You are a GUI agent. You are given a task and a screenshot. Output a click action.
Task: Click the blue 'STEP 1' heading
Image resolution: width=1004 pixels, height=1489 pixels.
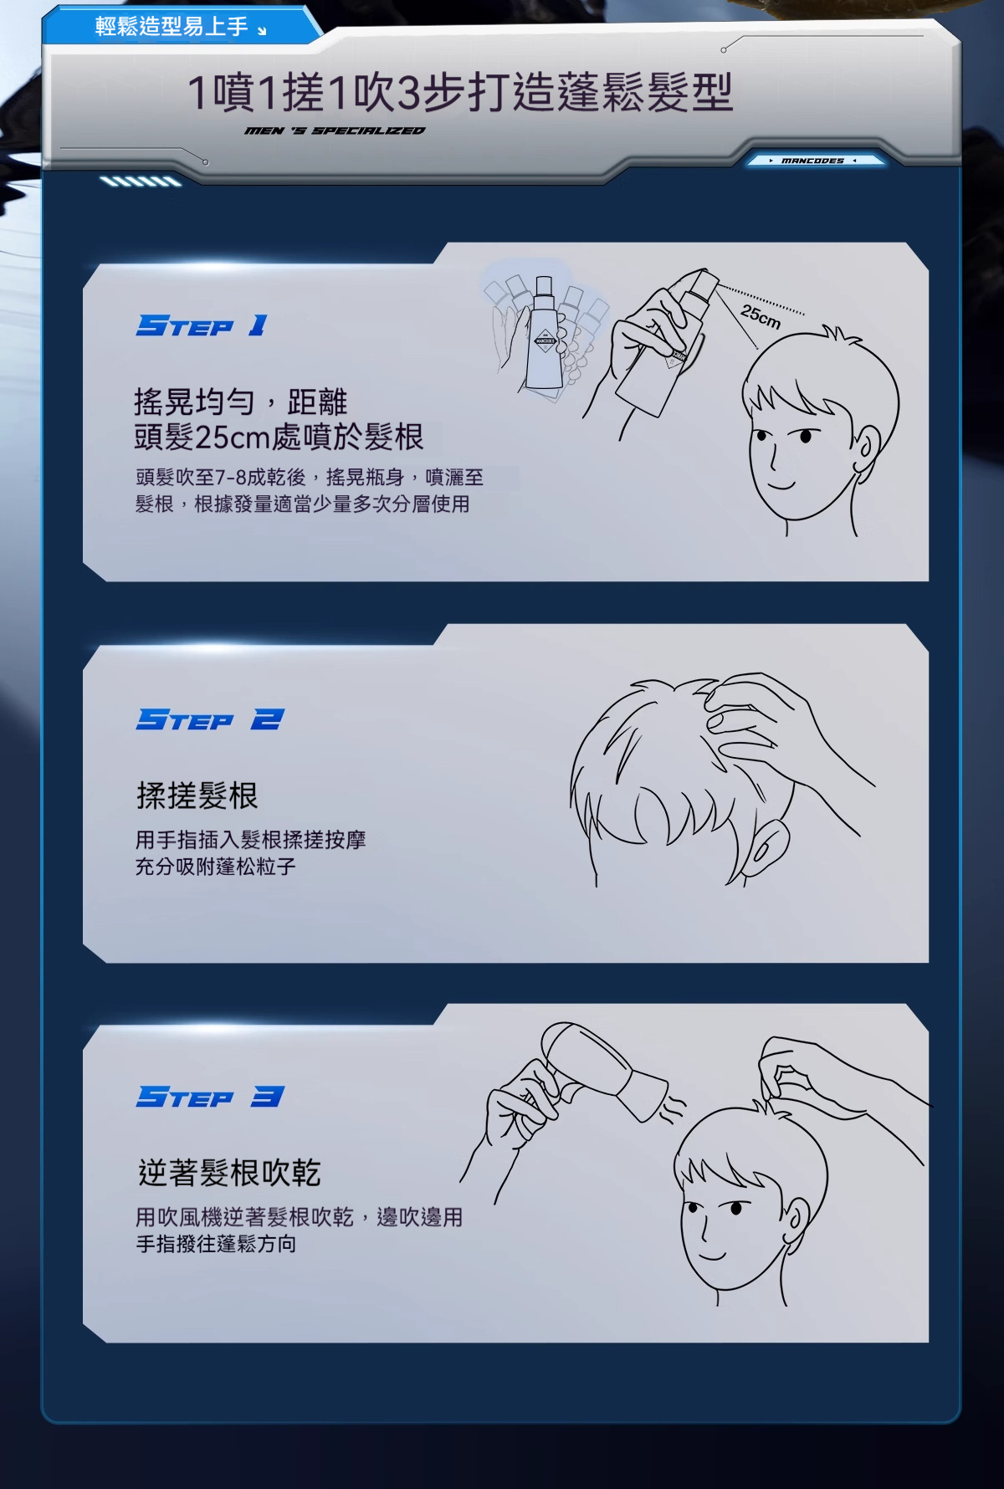tap(202, 325)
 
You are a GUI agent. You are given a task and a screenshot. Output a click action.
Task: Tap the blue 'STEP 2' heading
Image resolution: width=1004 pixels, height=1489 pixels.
tap(210, 719)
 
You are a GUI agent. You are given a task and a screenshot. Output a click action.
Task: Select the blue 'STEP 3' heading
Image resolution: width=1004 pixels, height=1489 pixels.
tap(210, 1097)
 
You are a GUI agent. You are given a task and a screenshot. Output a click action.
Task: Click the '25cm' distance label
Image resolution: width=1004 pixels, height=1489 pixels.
tap(761, 316)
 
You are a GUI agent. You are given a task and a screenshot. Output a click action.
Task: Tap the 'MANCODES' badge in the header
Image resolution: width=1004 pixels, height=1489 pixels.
tap(812, 161)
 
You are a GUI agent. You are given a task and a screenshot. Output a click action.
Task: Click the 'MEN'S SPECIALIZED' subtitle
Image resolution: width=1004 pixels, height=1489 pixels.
tap(335, 131)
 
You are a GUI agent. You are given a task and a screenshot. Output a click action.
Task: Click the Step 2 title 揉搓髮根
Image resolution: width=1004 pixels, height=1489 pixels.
tap(197, 796)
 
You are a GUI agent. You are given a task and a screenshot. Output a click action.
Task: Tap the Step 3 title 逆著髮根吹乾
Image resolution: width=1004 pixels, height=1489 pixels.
tap(229, 1173)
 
